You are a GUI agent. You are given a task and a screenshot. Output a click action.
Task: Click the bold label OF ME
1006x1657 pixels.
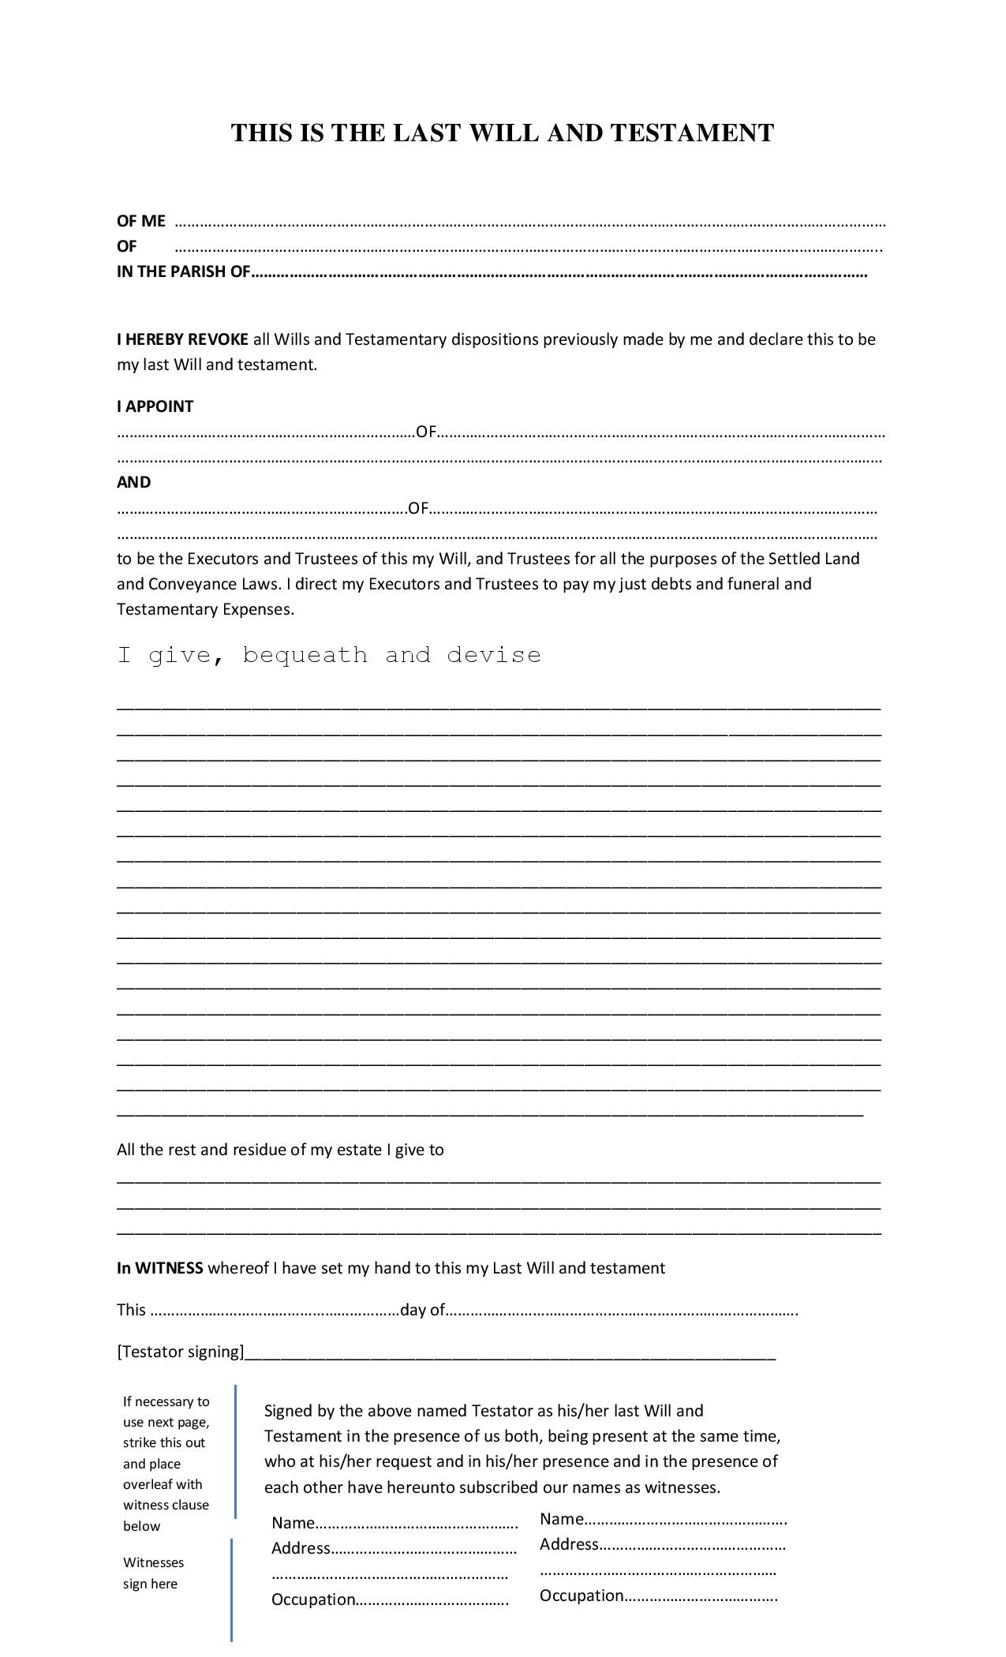point(141,221)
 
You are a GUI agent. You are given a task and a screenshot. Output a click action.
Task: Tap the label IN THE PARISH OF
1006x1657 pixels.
point(183,271)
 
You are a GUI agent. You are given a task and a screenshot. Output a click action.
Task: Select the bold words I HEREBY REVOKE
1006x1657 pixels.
point(182,339)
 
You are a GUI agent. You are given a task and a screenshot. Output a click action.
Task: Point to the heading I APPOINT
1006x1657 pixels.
point(155,406)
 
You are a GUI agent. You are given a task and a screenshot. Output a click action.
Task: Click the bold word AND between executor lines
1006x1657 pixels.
point(133,482)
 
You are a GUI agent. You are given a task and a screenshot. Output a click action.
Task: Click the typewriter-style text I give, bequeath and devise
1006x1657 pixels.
point(329,655)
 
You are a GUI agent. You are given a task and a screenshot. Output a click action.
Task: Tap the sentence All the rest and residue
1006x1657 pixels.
point(280,1150)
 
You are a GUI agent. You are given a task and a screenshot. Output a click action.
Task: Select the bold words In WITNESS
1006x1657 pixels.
point(160,1268)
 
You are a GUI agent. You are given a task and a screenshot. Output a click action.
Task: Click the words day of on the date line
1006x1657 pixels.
point(422,1310)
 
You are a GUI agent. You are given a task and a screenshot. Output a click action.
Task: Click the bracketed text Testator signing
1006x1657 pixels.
point(181,1352)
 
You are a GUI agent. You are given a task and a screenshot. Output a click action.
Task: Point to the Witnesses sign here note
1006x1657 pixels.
point(153,1573)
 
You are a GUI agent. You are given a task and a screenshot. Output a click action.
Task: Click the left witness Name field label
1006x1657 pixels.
point(293,1523)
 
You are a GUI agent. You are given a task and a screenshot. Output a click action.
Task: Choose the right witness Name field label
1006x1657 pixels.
point(561,1519)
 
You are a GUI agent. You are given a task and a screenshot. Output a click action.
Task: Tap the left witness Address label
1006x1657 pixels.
point(301,1548)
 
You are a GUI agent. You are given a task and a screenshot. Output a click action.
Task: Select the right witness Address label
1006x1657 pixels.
point(569,1544)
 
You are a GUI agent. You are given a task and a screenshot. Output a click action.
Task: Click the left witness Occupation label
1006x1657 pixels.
point(313,1599)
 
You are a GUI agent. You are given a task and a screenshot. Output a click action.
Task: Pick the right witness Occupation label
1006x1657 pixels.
point(582,1595)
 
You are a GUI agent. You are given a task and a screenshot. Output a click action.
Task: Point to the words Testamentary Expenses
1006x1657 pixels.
point(205,609)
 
